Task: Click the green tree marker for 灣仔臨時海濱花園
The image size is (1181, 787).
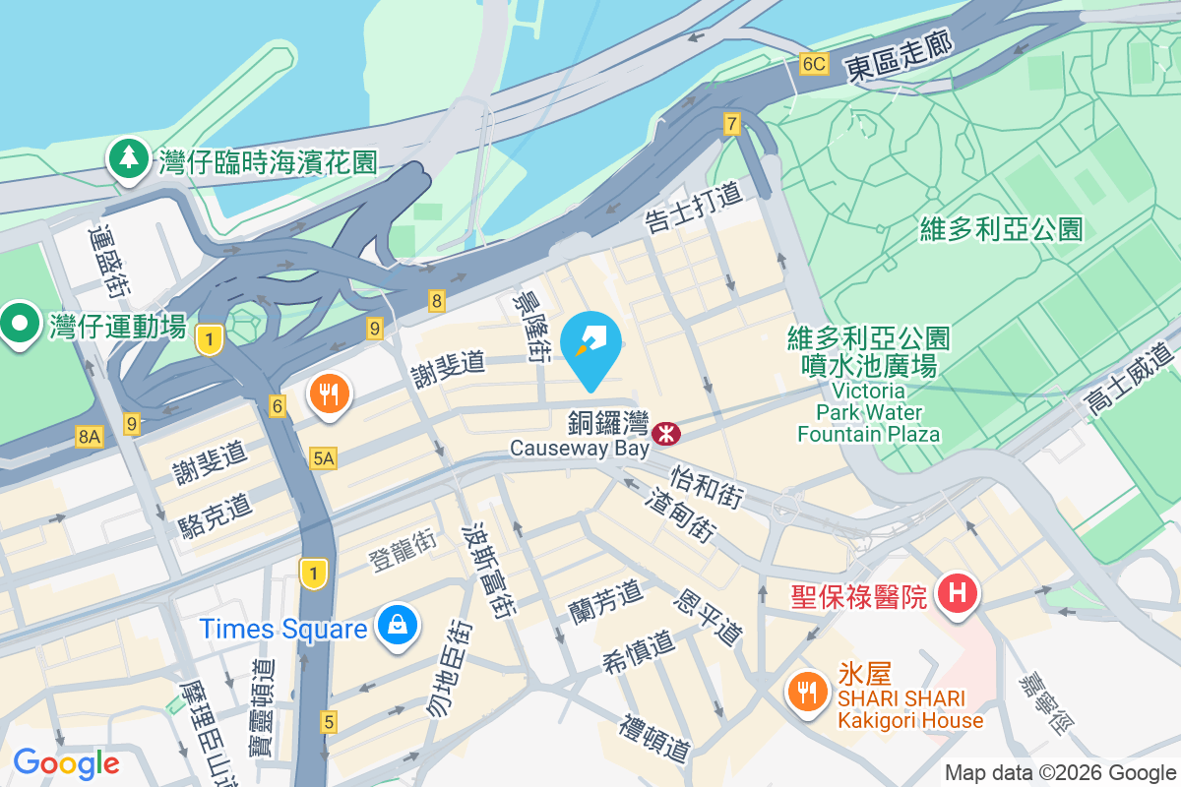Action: [x=128, y=158]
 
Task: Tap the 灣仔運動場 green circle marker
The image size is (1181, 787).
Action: [x=19, y=324]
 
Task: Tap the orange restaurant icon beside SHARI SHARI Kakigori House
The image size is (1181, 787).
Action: [x=807, y=691]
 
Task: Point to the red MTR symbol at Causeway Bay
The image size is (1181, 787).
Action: [x=666, y=431]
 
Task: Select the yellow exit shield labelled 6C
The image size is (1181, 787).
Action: [x=814, y=65]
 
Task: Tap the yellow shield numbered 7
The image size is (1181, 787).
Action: [x=731, y=124]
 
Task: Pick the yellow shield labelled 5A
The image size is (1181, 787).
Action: [x=323, y=457]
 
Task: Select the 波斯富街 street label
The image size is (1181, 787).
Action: [x=487, y=568]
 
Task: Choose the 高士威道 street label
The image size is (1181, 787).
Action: [x=1130, y=378]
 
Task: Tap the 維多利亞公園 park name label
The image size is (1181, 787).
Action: [x=1002, y=230]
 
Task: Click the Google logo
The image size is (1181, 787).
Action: [x=66, y=763]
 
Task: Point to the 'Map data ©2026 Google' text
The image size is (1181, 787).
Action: [x=1060, y=773]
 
